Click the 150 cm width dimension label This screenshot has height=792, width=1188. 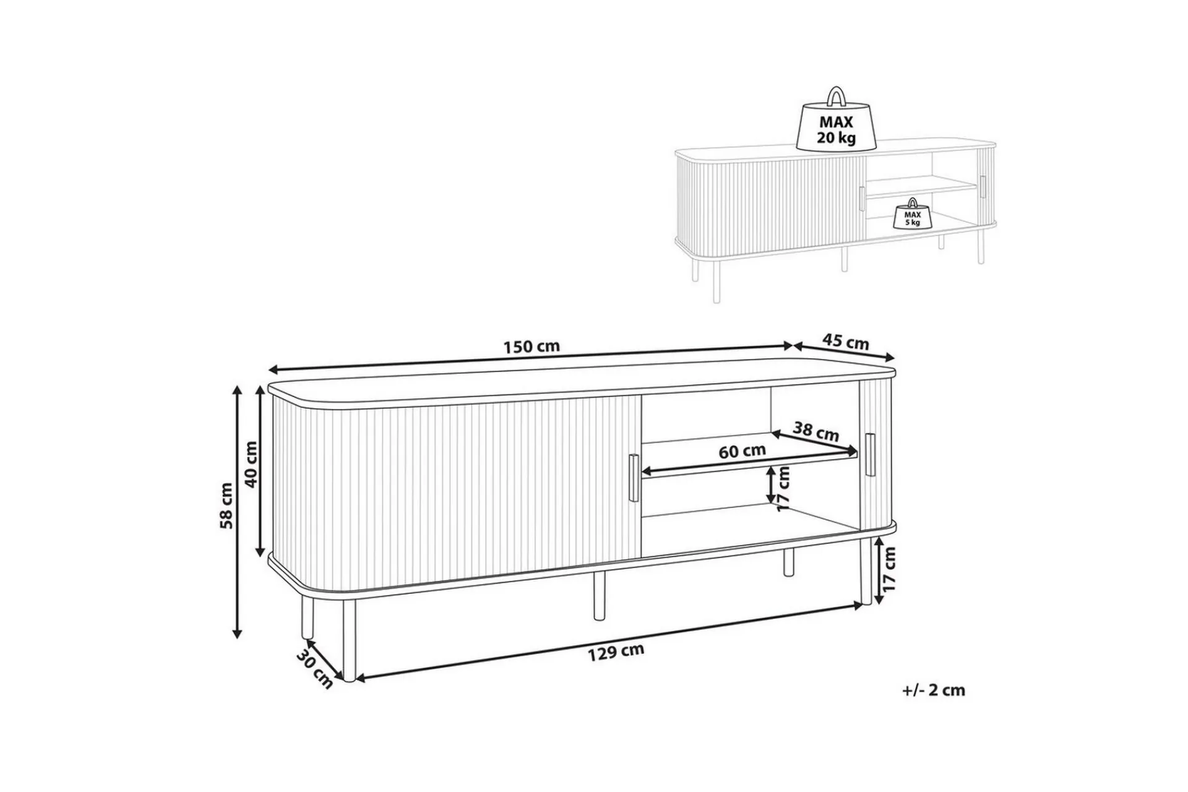[531, 346]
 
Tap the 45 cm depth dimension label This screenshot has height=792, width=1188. [846, 342]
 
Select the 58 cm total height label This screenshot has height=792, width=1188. [227, 505]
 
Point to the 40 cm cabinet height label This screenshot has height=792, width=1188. [252, 464]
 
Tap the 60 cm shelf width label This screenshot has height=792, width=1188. [742, 451]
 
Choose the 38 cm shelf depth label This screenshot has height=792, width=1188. [816, 431]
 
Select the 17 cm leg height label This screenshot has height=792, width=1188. [889, 569]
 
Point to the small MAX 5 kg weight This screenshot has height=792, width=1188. [913, 214]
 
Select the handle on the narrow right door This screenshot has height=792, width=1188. [871, 455]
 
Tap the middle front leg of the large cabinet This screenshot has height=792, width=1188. [598, 595]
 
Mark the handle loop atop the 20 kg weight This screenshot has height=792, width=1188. [835, 97]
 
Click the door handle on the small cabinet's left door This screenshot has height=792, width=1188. [861, 198]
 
